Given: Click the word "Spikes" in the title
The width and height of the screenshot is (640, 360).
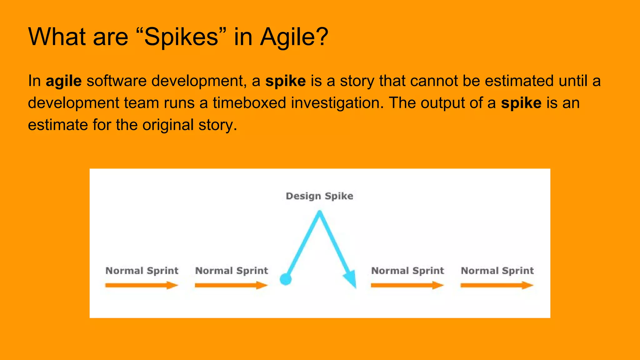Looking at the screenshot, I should (x=181, y=37).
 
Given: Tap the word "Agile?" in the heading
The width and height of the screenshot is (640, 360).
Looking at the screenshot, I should (x=294, y=37).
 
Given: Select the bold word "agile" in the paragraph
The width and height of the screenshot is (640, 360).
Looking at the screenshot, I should (x=64, y=81).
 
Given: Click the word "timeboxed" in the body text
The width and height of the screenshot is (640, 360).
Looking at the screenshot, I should (x=249, y=103).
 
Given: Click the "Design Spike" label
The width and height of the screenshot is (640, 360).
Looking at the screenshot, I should (x=319, y=196).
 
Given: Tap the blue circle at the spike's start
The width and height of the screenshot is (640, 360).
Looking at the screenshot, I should (x=286, y=279).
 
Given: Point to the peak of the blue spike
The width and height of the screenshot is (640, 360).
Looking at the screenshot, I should (x=319, y=213).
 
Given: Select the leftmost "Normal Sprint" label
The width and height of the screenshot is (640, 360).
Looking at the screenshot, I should (x=142, y=271).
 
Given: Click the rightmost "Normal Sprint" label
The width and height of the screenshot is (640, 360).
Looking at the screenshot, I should (x=497, y=271).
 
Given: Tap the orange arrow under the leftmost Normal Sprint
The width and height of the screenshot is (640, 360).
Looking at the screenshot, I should (x=142, y=285).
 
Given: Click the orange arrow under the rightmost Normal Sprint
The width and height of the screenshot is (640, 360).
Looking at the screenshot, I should (x=497, y=285).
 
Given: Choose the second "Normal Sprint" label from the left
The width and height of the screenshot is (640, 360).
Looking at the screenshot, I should (x=232, y=271).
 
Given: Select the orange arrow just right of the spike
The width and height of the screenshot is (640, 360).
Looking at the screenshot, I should (x=407, y=285).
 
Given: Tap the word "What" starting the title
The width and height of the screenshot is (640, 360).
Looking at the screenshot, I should (x=57, y=37).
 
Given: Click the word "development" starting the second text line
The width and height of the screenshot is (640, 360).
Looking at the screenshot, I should (x=73, y=103).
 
